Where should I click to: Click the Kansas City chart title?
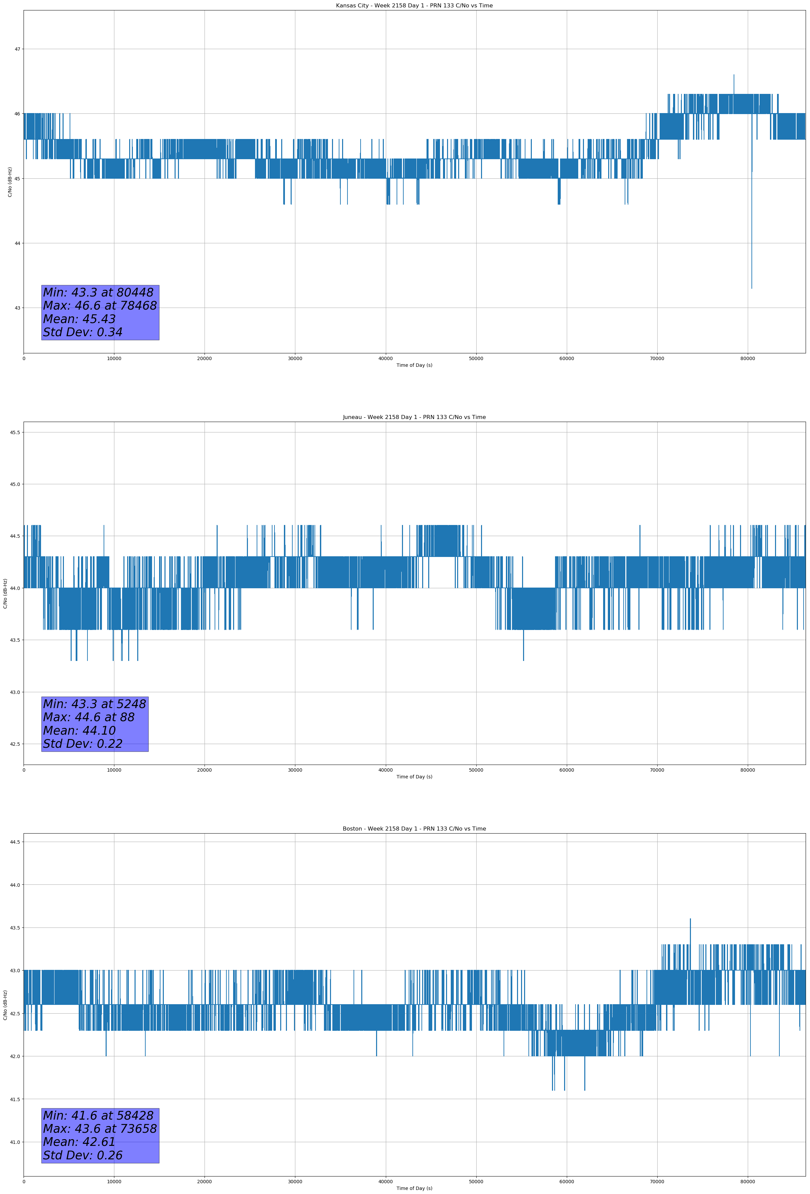(x=414, y=6)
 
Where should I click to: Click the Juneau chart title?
(x=414, y=417)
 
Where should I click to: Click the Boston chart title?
(x=414, y=829)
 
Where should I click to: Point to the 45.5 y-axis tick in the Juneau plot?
(x=15, y=432)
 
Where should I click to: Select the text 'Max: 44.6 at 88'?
(x=88, y=717)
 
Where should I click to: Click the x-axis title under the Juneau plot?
(x=414, y=777)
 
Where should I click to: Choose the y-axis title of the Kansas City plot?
(x=10, y=182)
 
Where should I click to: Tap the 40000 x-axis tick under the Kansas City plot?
(x=385, y=359)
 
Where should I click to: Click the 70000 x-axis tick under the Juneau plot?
(x=657, y=770)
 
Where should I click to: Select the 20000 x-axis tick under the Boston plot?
(x=205, y=1182)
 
